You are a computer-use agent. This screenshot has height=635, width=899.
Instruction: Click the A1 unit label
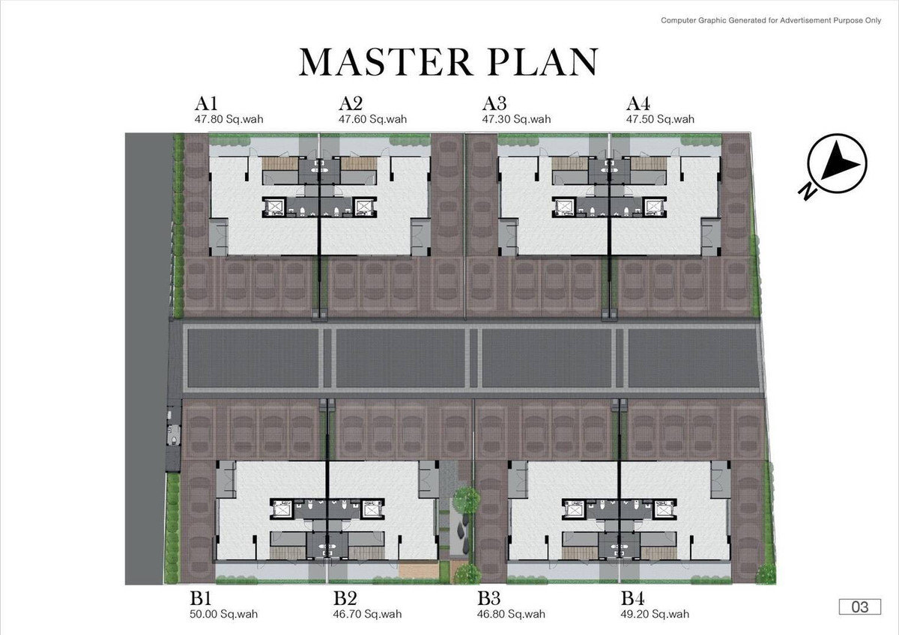(206, 103)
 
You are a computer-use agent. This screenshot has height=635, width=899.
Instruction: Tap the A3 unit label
(494, 103)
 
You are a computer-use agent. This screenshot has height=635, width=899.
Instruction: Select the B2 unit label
(345, 598)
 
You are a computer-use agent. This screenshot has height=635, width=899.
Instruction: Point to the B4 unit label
(633, 598)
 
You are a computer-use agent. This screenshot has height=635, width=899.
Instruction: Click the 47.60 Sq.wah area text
(372, 119)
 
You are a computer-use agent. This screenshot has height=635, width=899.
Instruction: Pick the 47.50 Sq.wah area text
(660, 119)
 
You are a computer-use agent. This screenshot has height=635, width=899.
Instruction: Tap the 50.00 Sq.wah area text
(223, 614)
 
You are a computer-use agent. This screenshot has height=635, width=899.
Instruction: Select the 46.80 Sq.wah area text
(511, 614)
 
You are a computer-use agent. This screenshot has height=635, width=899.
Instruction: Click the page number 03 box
(860, 607)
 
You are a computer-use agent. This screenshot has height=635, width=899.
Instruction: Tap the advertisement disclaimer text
(771, 20)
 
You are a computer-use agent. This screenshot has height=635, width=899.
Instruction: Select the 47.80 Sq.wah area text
(228, 119)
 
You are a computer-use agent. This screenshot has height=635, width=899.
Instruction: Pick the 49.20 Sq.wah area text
(655, 614)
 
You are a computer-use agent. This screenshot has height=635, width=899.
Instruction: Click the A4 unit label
(638, 103)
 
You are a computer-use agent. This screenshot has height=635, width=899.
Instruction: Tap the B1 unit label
(201, 598)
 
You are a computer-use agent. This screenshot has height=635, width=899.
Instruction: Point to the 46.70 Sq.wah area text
(367, 614)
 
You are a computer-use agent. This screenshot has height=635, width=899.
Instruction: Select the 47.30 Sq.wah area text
(516, 119)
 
